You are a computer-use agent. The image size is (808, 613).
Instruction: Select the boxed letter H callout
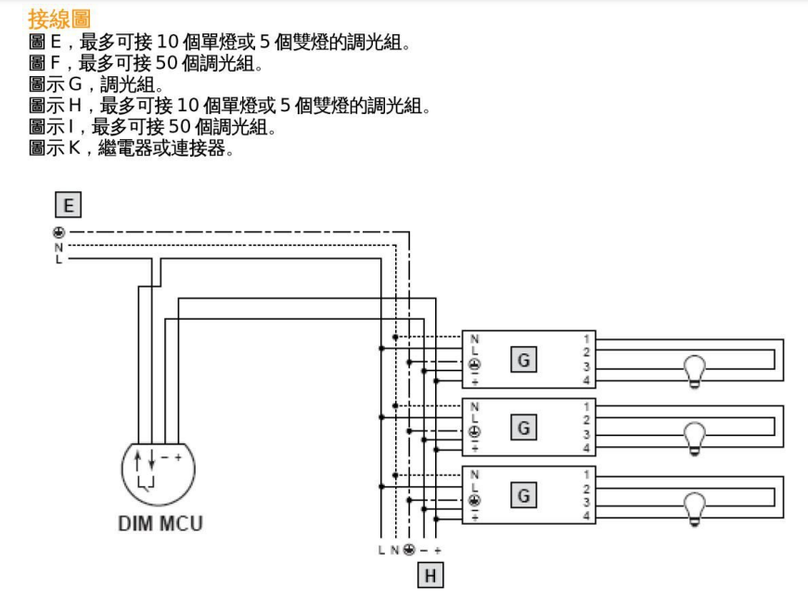coord(430,576)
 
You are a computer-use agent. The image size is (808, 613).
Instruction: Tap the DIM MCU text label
coord(160,523)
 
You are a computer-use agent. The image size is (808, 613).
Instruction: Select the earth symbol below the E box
coord(58,233)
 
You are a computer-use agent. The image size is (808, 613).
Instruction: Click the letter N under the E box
coord(58,247)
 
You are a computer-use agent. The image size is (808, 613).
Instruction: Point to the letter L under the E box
coord(58,259)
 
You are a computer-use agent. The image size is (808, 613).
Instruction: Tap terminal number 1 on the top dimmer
coord(586,338)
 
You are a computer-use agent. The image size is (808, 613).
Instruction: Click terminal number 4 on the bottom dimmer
coord(586,516)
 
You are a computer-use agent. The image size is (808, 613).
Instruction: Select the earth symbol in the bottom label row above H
coord(408,551)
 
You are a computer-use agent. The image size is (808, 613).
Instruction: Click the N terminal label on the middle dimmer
coord(475,406)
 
